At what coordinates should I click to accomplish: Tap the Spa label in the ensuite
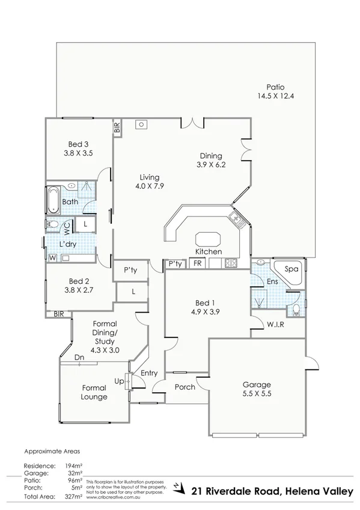(x=291, y=269)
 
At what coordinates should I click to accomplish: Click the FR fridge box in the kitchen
(x=197, y=263)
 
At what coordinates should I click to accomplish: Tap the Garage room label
(x=256, y=385)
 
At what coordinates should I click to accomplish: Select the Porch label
(x=185, y=387)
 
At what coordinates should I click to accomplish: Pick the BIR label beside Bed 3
(x=117, y=127)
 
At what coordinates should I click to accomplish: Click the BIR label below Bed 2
(x=59, y=314)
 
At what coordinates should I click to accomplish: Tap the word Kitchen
(x=208, y=251)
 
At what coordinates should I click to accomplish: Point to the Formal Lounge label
(x=94, y=392)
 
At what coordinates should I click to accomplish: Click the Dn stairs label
(x=79, y=357)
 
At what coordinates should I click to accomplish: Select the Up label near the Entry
(x=118, y=381)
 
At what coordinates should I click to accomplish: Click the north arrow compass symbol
(x=177, y=487)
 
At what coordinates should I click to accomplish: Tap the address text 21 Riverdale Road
(x=235, y=491)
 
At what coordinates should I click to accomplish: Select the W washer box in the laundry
(x=52, y=259)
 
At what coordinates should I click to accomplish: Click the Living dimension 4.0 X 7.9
(x=149, y=186)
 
